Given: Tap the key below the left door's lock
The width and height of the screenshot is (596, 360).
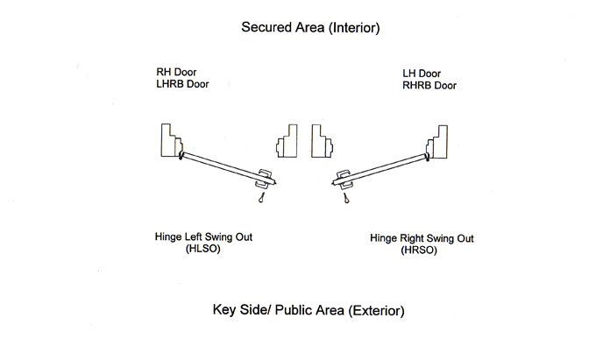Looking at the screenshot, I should click(x=261, y=201).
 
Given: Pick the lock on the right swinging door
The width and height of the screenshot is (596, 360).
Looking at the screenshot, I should click(x=343, y=179).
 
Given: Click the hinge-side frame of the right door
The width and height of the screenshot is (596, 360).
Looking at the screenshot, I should click(x=437, y=141).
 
